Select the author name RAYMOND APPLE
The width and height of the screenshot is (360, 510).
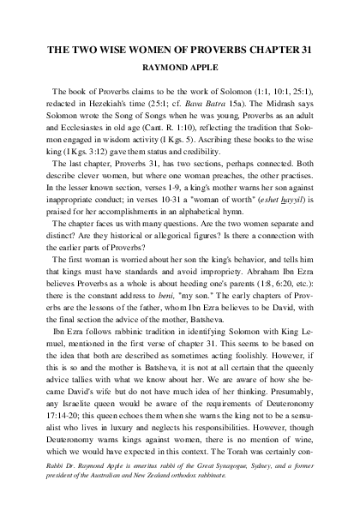click(179, 69)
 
